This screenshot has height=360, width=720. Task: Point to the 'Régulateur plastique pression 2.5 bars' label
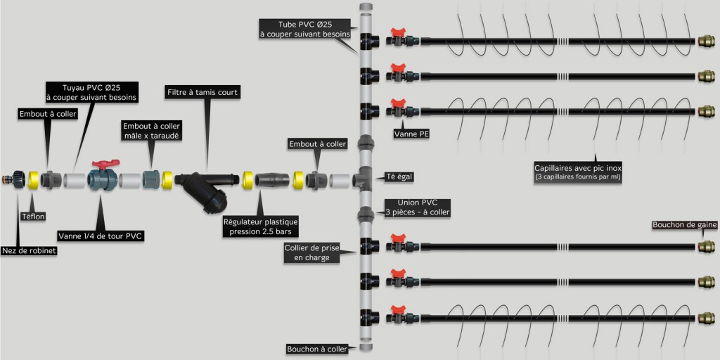point(258,226)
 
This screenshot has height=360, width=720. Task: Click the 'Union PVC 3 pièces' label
point(418,207)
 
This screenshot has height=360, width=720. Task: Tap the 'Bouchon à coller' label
point(316,349)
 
